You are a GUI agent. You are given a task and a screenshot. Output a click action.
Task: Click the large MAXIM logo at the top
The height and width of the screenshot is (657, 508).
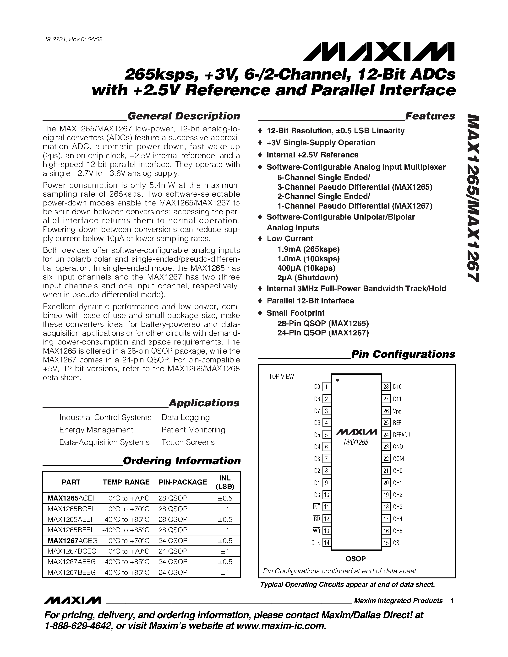point(379,51)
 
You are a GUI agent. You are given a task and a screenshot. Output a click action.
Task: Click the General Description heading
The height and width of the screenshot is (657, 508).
point(184,116)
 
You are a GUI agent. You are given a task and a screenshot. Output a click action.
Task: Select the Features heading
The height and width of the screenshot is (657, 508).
point(430,116)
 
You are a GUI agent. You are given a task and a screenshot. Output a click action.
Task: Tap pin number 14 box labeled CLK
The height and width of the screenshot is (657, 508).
point(326,543)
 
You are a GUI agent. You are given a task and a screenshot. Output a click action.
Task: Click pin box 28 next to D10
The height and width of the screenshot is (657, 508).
point(386,387)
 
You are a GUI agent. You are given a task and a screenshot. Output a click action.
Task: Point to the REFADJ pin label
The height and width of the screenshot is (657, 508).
point(401,435)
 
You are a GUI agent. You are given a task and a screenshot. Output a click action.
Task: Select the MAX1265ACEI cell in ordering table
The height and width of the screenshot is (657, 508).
point(71,498)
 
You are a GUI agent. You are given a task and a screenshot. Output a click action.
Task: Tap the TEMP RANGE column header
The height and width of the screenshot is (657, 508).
point(126,482)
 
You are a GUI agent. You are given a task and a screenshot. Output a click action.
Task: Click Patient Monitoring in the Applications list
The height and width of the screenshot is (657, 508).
point(193,430)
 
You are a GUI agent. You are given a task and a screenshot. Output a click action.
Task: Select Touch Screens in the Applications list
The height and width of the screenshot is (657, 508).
point(188,442)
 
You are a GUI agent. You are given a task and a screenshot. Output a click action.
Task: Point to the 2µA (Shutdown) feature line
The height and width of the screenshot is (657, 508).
point(308,277)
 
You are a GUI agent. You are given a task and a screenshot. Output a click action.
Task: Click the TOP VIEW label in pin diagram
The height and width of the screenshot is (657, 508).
point(281,377)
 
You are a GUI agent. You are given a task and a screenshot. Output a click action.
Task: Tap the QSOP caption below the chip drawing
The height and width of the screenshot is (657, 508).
point(355,559)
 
